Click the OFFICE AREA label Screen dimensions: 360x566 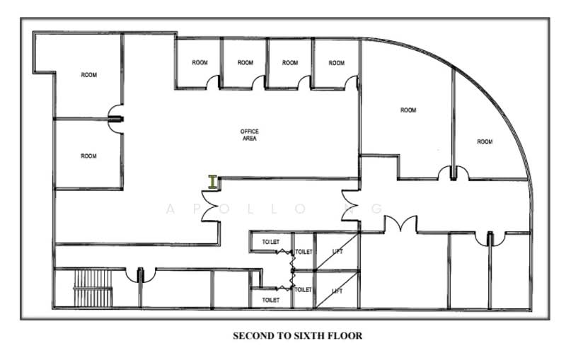(249, 135)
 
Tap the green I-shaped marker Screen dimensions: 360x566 (212, 182)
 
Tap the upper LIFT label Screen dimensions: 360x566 (337, 251)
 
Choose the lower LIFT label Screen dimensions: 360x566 (337, 291)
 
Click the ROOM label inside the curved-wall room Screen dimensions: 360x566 (485, 142)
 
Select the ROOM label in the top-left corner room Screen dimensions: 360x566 (88, 75)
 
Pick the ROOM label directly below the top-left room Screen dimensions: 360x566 (88, 156)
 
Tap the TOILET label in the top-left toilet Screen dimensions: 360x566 (271, 243)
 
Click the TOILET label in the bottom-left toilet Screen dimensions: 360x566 (271, 300)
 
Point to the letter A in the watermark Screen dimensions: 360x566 (170, 209)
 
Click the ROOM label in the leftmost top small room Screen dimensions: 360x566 (200, 63)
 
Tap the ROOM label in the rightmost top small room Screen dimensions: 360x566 (337, 63)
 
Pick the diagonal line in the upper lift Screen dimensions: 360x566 (336, 254)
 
